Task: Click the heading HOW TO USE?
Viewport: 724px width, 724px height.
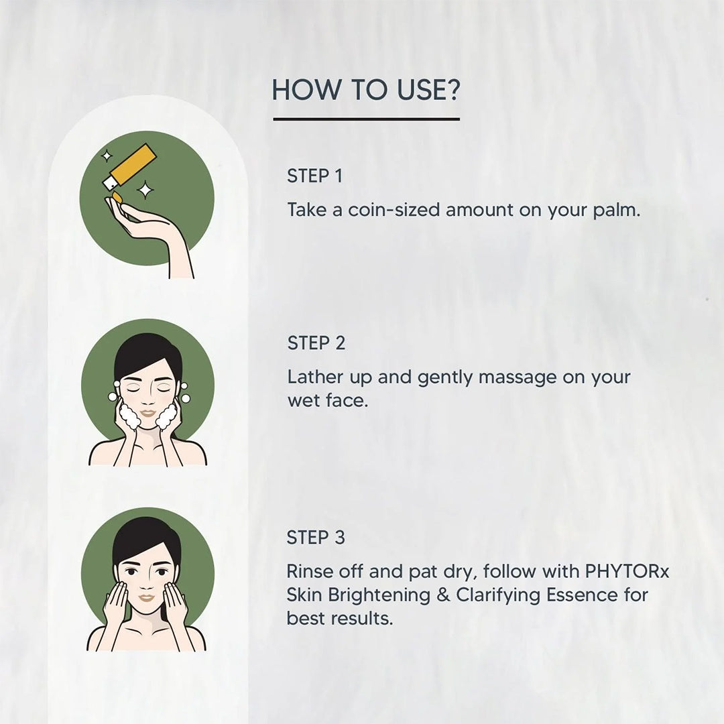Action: click(x=366, y=90)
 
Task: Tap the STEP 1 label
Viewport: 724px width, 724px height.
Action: click(x=314, y=176)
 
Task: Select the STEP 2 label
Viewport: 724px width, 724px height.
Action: click(x=316, y=343)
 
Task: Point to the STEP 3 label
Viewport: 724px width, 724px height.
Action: click(x=316, y=538)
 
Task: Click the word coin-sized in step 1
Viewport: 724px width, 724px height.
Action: click(x=394, y=210)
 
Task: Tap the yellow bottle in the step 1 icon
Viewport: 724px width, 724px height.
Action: click(x=137, y=161)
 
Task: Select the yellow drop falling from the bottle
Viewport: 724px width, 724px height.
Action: click(x=116, y=196)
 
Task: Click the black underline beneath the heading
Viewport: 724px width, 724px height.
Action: click(x=366, y=119)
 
